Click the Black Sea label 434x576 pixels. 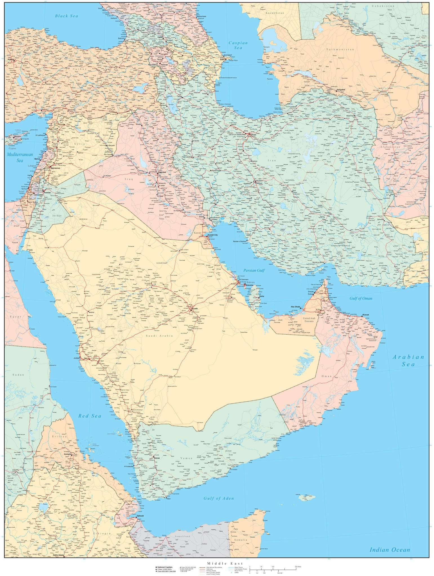pos(66,16)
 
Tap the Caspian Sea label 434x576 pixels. pos(238,46)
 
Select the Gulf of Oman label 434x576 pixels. pos(361,298)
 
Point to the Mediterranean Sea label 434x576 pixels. pos(20,157)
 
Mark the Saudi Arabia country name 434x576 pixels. pos(159,336)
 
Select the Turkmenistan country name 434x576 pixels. pos(340,49)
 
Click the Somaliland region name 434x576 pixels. pos(182,536)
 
